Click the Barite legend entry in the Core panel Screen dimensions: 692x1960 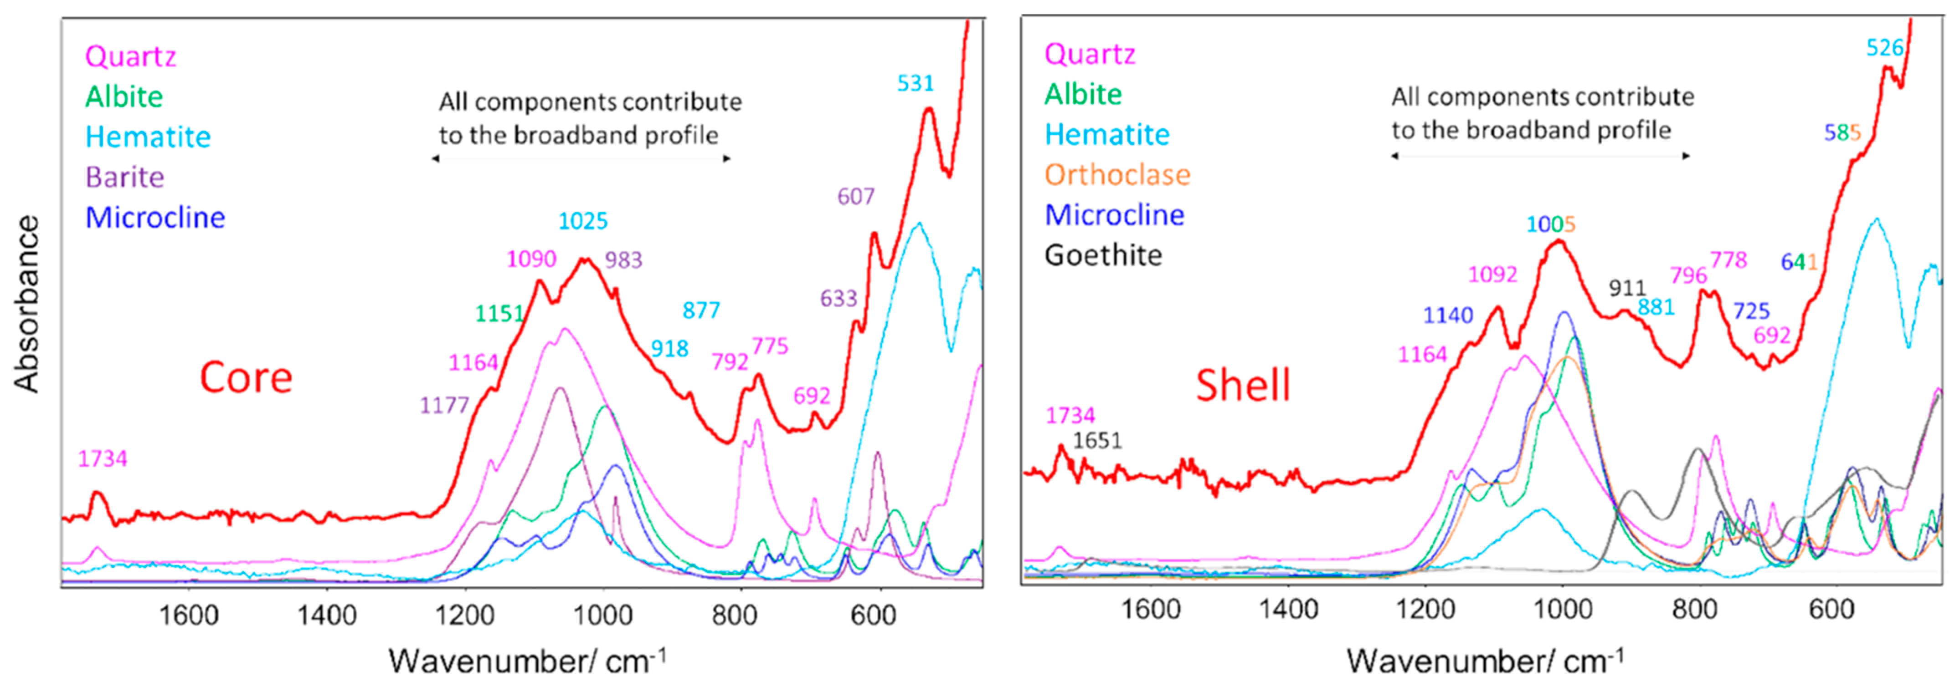[125, 177]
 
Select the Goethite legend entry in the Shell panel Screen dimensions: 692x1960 [1103, 255]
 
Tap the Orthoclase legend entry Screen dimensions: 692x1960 [1117, 175]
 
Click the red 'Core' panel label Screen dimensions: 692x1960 [246, 378]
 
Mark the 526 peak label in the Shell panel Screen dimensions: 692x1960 [1885, 48]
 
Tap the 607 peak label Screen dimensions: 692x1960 [856, 197]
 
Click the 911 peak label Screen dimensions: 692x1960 [1627, 288]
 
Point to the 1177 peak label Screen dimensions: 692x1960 [444, 405]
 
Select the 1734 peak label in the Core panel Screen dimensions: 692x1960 [103, 458]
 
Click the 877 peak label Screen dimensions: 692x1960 [701, 310]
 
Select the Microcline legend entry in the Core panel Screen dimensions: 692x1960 [155, 218]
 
